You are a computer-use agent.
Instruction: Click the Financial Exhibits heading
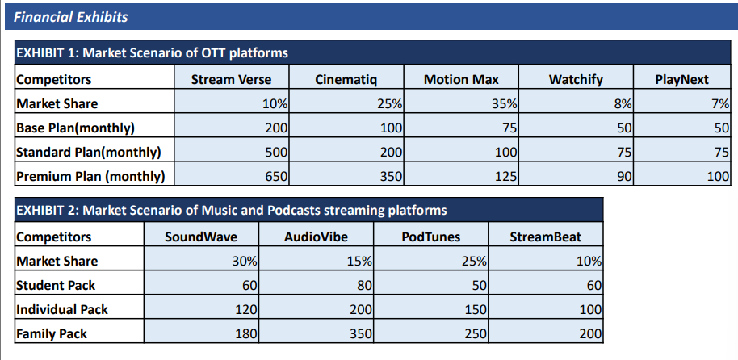point(70,18)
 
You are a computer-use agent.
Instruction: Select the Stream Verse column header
point(231,80)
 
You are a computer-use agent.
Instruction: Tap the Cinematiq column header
point(346,80)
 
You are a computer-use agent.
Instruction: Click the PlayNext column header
point(681,80)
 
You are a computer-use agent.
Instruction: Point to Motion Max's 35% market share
point(504,104)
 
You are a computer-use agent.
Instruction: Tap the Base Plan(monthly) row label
point(75,128)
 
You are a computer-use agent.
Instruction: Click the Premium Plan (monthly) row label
point(90,177)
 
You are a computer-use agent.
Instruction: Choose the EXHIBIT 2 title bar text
point(231,210)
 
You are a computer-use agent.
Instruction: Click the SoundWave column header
point(201,237)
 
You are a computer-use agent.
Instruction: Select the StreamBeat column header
point(546,237)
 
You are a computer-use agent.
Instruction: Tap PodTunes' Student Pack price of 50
point(479,286)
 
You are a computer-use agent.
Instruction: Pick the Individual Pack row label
point(61,310)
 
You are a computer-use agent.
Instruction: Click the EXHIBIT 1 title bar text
point(152,52)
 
